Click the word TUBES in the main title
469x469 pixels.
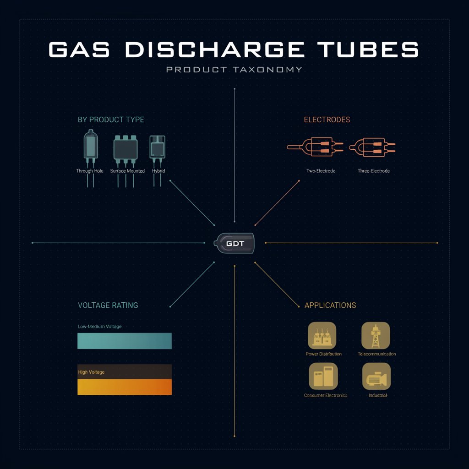[368, 49]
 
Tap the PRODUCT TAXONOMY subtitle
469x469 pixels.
[234, 70]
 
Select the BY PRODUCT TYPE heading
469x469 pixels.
[111, 120]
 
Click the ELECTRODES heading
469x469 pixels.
[327, 120]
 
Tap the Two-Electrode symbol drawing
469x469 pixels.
[315, 147]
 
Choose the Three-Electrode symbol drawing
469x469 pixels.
[372, 147]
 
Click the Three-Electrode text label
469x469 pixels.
[374, 171]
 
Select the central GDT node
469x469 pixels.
[234, 243]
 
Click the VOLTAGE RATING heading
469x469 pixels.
[108, 305]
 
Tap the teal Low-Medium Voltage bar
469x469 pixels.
[125, 341]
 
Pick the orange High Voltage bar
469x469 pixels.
[125, 387]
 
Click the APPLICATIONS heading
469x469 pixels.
[330, 305]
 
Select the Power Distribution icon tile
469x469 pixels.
[322, 336]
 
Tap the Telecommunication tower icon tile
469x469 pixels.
[376, 336]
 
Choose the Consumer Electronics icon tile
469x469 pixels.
[323, 376]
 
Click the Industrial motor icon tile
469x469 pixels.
[376, 376]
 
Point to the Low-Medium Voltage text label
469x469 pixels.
[99, 326]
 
